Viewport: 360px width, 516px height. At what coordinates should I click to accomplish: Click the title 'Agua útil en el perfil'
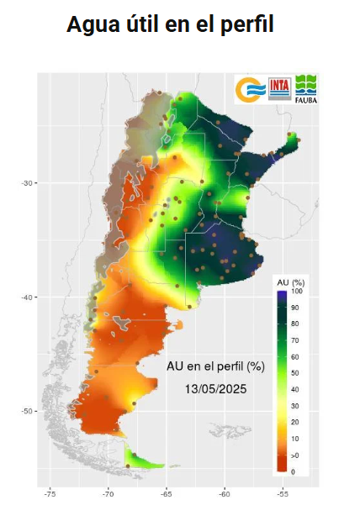coord(171,25)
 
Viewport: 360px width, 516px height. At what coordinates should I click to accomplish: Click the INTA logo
coord(279,88)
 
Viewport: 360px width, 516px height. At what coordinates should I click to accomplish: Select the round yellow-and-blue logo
coord(251,88)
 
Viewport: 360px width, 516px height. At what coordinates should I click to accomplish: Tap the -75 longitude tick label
coord(50,495)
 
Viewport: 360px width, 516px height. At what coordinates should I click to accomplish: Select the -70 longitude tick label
coord(108,495)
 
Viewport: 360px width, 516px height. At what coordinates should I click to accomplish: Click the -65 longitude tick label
coord(167,495)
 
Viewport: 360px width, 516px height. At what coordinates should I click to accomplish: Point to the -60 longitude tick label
coord(225,495)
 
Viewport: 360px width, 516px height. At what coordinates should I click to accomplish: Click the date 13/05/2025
coord(214,390)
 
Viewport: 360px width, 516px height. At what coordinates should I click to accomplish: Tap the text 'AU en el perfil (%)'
coord(215,366)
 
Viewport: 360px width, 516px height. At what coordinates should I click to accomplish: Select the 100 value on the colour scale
coord(295,291)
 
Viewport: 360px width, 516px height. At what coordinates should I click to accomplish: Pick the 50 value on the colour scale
coord(294,372)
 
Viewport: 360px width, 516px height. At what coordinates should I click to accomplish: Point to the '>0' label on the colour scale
coord(294,455)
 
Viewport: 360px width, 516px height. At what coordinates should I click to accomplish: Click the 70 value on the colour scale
coord(294,340)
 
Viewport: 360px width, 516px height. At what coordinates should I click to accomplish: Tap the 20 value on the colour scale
coord(294,422)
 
